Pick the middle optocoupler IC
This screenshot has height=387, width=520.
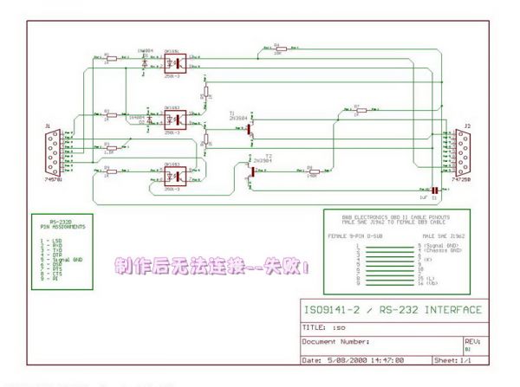click(x=172, y=121)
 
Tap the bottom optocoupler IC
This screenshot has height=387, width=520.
click(x=172, y=176)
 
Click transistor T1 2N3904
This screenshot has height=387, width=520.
click(x=248, y=128)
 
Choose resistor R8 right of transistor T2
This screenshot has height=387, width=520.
click(x=311, y=172)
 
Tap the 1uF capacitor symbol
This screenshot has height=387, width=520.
click(x=433, y=190)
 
